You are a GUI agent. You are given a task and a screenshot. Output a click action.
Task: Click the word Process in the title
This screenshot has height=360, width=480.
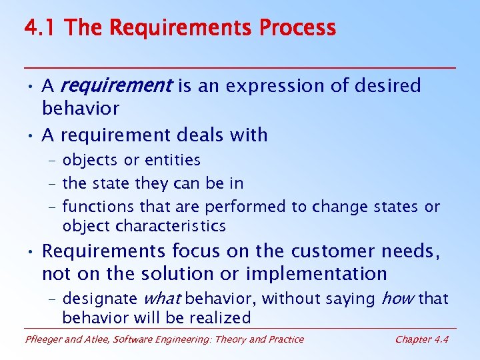pyautogui.click(x=297, y=28)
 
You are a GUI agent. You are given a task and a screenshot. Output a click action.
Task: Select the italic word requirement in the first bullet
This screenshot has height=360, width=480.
pyautogui.click(x=116, y=86)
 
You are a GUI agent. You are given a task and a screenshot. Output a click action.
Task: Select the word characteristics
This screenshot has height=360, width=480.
pyautogui.click(x=171, y=226)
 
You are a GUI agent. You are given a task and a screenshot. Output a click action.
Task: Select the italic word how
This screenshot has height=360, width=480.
pyautogui.click(x=398, y=299)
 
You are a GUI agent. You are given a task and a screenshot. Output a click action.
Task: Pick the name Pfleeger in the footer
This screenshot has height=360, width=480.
pyautogui.click(x=43, y=339)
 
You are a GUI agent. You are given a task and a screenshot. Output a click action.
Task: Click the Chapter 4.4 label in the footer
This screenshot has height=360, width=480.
pyautogui.click(x=421, y=339)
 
